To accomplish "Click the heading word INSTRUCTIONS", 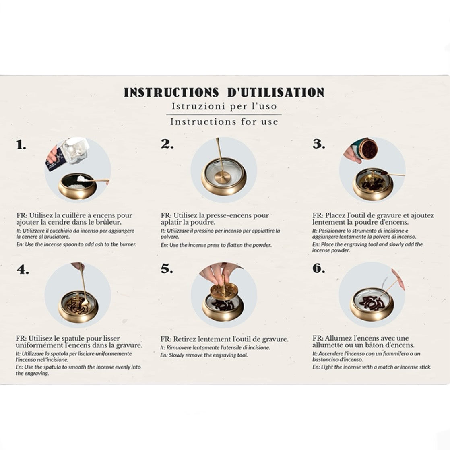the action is pos(171,93).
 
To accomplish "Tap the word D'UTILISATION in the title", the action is pos(276,93).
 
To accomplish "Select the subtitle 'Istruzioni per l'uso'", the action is pos(224,107).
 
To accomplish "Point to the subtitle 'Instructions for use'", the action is pos(224,122).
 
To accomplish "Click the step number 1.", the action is pos(21,145).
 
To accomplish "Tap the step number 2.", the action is pos(167,144).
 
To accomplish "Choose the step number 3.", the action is pos(319,144).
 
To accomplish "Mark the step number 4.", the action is pos(23,270).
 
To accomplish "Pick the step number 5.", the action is pos(167,269).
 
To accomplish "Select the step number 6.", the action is pos(319,268).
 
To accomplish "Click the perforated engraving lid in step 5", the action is pos(223,291).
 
